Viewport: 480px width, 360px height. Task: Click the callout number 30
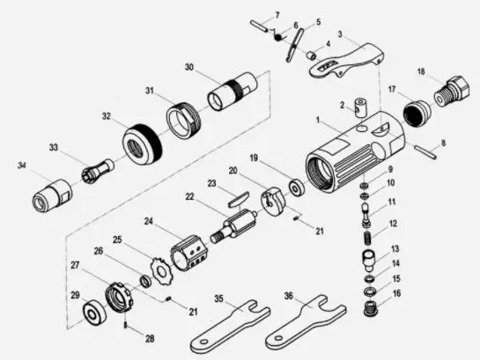[189, 67]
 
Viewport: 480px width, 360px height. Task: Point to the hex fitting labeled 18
[452, 91]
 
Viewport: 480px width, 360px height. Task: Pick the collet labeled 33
[98, 172]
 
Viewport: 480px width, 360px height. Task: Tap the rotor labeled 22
[234, 225]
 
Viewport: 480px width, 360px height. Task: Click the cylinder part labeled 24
[188, 253]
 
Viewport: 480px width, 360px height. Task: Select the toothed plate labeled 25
[161, 271]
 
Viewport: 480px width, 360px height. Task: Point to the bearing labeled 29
[95, 312]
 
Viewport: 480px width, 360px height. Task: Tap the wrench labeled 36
[306, 323]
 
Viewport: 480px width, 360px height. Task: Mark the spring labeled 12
[367, 238]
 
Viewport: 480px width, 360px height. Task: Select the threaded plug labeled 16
[371, 310]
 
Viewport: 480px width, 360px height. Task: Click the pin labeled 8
[425, 151]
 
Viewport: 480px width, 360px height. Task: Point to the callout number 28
[150, 339]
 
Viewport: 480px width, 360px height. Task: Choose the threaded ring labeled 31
[183, 120]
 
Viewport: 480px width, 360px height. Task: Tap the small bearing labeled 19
[296, 188]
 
